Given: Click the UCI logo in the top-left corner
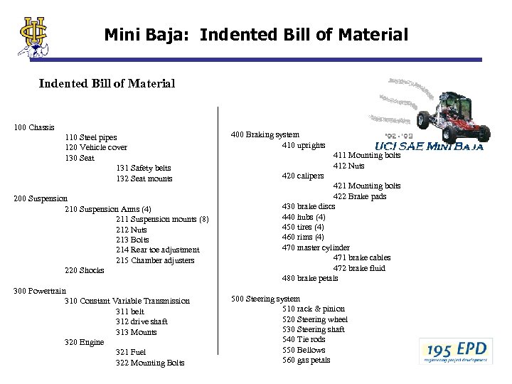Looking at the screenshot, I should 34,35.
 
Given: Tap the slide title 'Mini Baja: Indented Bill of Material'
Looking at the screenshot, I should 256,33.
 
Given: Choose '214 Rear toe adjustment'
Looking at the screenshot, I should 157,250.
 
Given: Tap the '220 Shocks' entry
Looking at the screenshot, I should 85,270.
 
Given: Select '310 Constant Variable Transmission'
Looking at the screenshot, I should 127,301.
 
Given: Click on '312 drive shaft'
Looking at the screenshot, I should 142,321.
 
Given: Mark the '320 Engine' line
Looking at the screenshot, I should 84,342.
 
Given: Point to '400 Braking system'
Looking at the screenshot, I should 266,134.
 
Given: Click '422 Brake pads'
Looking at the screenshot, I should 360,196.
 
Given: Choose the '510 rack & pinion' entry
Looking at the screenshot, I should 313,309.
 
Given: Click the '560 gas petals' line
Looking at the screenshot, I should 306,360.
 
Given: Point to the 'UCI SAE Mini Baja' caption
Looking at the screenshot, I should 429,147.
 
